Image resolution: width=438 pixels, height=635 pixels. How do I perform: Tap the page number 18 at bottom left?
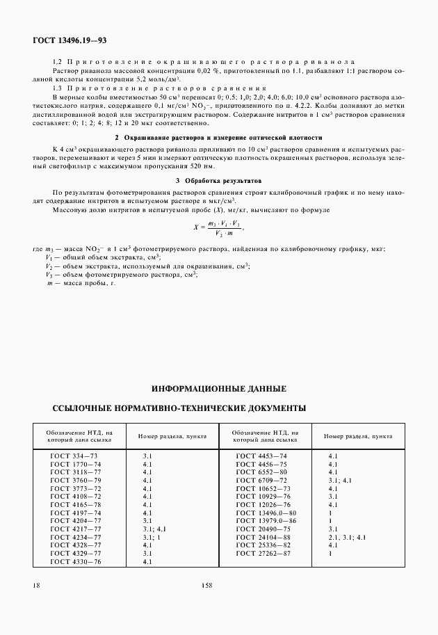coord(35,586)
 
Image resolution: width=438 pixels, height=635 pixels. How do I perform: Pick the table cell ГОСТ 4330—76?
coord(76,561)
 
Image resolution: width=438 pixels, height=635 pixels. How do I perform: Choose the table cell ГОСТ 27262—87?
coord(264,553)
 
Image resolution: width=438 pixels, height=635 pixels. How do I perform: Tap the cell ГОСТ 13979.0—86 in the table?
coord(267,520)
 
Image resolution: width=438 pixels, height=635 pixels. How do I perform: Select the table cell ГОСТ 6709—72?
coord(261,480)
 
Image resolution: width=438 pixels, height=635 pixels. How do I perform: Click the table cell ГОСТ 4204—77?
coord(76,520)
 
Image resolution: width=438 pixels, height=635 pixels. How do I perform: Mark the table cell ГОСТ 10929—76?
coord(264,496)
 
